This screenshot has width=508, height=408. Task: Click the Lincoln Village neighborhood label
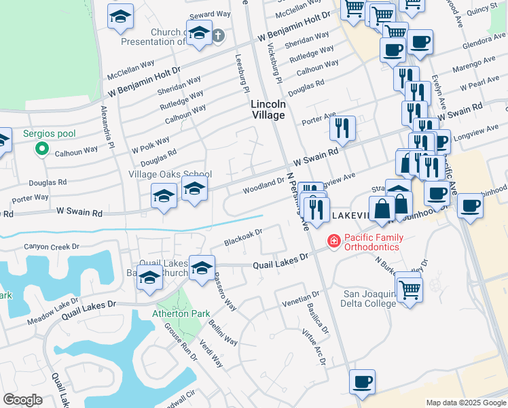pyautogui.click(x=268, y=109)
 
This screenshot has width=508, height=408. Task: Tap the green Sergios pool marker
pyautogui.click(x=42, y=148)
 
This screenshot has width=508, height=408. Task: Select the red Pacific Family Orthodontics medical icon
pyautogui.click(x=333, y=241)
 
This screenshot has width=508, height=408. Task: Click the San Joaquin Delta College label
pyautogui.click(x=369, y=299)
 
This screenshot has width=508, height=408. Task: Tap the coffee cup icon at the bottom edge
pyautogui.click(x=362, y=382)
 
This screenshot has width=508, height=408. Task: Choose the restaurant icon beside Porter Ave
pyautogui.click(x=343, y=127)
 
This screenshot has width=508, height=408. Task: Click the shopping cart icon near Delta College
pyautogui.click(x=410, y=290)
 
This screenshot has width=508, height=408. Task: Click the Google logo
pyautogui.click(x=22, y=400)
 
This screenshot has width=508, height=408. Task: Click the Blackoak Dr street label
pyautogui.click(x=244, y=238)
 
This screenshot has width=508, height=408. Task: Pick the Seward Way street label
pyautogui.click(x=211, y=14)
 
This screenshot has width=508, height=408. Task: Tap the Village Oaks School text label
pyautogui.click(x=170, y=175)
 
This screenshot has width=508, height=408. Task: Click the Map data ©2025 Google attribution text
pyautogui.click(x=465, y=403)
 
